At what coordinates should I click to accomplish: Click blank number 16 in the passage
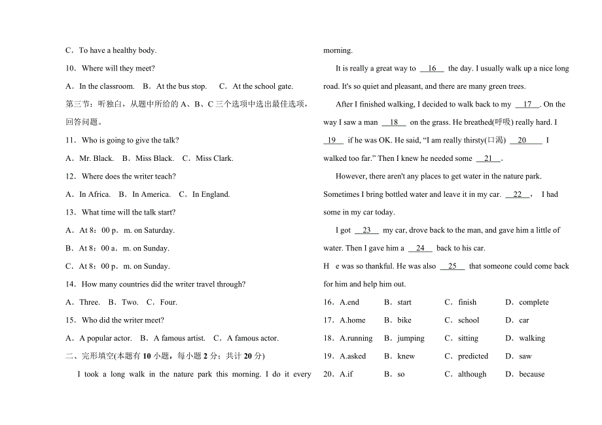(x=432, y=69)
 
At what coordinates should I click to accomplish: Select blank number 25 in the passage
(x=452, y=266)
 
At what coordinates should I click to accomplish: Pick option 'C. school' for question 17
(x=462, y=320)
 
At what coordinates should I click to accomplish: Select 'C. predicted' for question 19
(x=467, y=356)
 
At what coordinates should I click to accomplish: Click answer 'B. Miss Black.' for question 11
(x=151, y=158)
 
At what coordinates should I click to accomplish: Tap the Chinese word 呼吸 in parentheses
(x=503, y=122)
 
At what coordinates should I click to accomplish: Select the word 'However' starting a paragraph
(x=351, y=177)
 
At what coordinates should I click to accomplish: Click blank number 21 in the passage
(x=488, y=158)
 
